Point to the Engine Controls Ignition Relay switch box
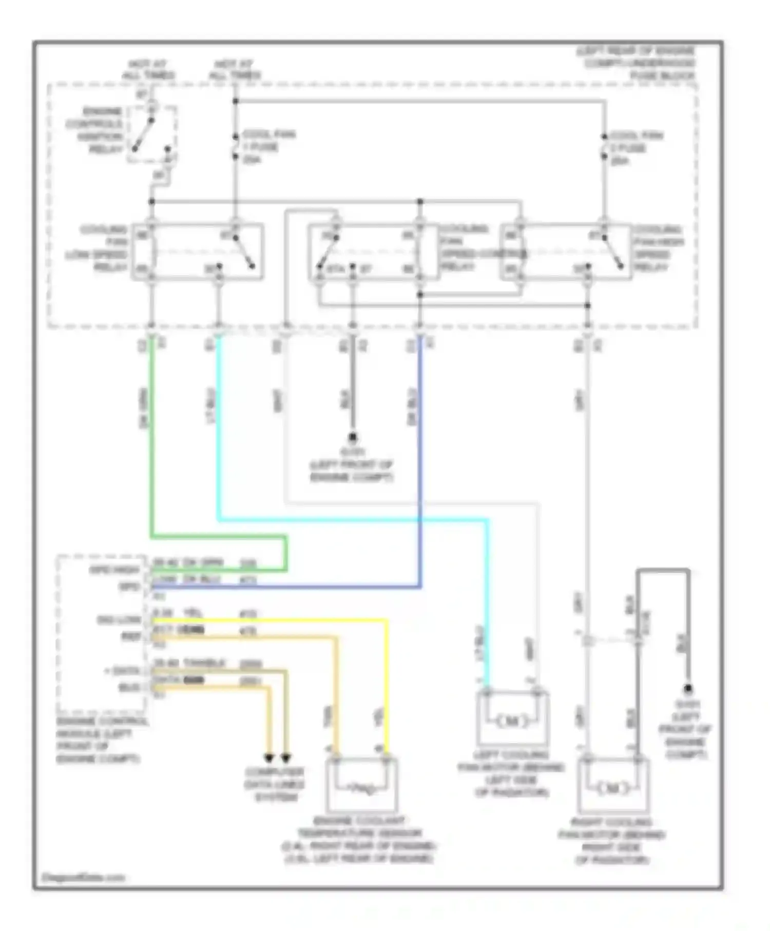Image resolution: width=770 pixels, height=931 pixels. tap(152, 134)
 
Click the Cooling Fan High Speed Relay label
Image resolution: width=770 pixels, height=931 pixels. tap(658, 248)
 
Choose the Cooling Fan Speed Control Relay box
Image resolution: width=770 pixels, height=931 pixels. tap(374, 252)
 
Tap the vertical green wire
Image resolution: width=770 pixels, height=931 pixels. tap(151, 436)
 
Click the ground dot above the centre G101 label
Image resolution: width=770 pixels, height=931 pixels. tap(353, 437)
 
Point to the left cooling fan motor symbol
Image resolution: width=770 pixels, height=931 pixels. tap(512, 721)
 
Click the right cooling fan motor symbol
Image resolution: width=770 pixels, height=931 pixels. tap(613, 788)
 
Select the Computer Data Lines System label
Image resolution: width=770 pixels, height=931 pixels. tap(274, 784)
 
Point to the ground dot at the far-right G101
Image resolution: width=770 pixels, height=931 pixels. tap(688, 688)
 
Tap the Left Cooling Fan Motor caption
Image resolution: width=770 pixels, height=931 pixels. tap(511, 774)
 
